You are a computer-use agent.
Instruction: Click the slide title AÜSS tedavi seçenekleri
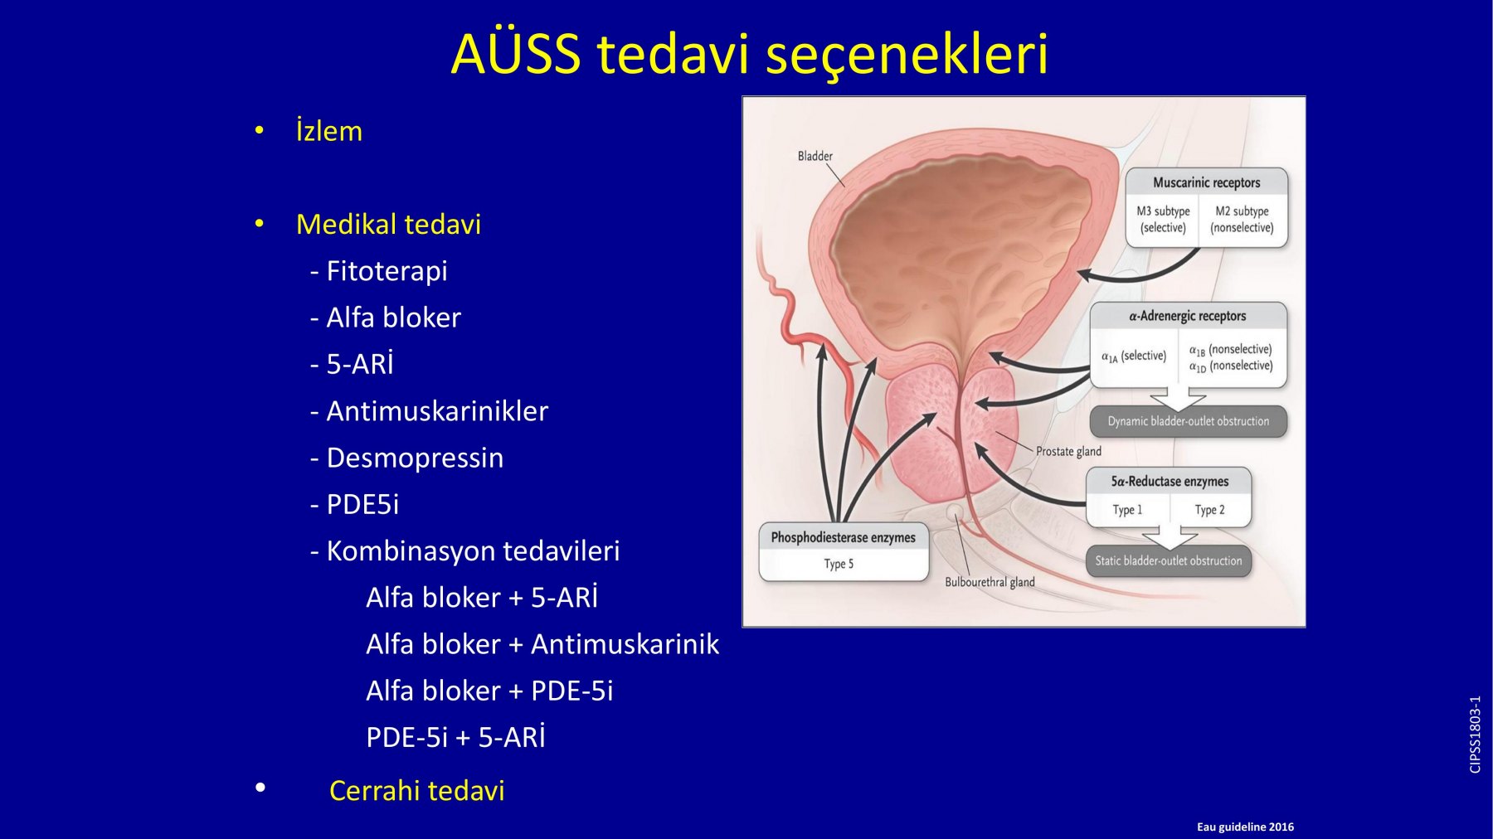pos(750,54)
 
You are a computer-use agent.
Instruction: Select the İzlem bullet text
pos(329,131)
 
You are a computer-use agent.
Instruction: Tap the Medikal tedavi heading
pos(388,224)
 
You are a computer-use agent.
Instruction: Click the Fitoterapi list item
pos(379,271)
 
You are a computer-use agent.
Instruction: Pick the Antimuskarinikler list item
pos(430,411)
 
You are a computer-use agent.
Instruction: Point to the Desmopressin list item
pos(407,458)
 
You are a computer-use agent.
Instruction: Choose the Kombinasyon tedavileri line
pos(465,550)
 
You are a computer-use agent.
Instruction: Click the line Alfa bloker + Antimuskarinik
pos(542,644)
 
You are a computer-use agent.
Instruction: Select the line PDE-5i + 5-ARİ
pos(456,737)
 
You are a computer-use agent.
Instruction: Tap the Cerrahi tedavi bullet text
pos(417,791)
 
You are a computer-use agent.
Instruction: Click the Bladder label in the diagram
pos(815,156)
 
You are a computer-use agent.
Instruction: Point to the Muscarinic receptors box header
pos(1206,182)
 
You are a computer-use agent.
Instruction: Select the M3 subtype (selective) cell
pos(1163,220)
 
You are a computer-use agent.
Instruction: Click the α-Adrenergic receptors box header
pos(1188,316)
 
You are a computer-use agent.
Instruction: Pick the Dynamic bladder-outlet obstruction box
pos(1189,421)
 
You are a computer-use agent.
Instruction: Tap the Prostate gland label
pos(1068,451)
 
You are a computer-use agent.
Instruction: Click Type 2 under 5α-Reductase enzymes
pos(1209,510)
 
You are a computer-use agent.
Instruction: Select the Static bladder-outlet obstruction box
pos(1169,561)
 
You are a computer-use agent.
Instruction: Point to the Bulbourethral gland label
pos(990,582)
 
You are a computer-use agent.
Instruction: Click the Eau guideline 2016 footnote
pos(1245,827)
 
